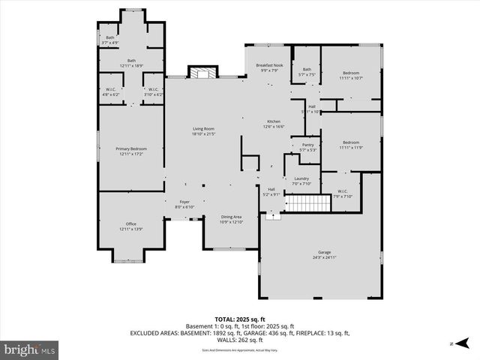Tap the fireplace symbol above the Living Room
pos(199,73)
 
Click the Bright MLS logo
pos(30,349)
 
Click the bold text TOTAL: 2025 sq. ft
pos(239,319)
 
